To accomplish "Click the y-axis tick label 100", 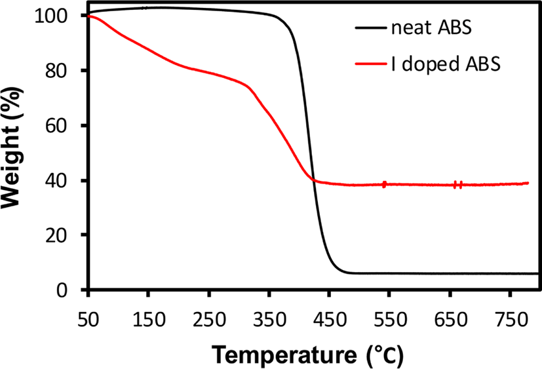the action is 50,16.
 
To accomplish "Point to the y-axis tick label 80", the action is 56,71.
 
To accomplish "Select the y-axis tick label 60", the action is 56,126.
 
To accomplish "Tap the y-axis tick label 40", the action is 56,180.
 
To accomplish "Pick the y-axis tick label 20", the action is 56,235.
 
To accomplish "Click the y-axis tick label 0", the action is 62,290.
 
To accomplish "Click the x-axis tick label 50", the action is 88,320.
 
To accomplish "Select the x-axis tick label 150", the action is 149,320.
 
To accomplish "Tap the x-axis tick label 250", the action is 209,320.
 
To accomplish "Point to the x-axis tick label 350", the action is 269,320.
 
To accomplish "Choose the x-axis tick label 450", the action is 330,320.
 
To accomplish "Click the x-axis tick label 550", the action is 390,320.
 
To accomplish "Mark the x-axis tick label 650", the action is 450,320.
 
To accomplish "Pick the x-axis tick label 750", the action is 511,320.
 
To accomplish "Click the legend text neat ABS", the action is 431,28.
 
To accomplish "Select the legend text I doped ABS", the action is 446,64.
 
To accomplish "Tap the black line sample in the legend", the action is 370,28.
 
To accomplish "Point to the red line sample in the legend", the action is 370,64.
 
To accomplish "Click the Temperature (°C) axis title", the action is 307,355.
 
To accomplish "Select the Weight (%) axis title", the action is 12,148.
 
